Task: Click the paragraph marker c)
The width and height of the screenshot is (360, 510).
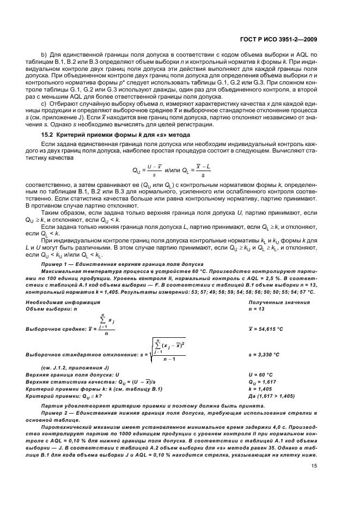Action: click(x=45, y=104)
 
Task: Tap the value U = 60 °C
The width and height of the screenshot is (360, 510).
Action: click(x=260, y=375)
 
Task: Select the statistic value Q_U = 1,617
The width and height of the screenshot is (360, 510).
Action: click(x=264, y=382)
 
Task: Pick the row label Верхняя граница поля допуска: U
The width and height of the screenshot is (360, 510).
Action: click(x=72, y=375)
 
